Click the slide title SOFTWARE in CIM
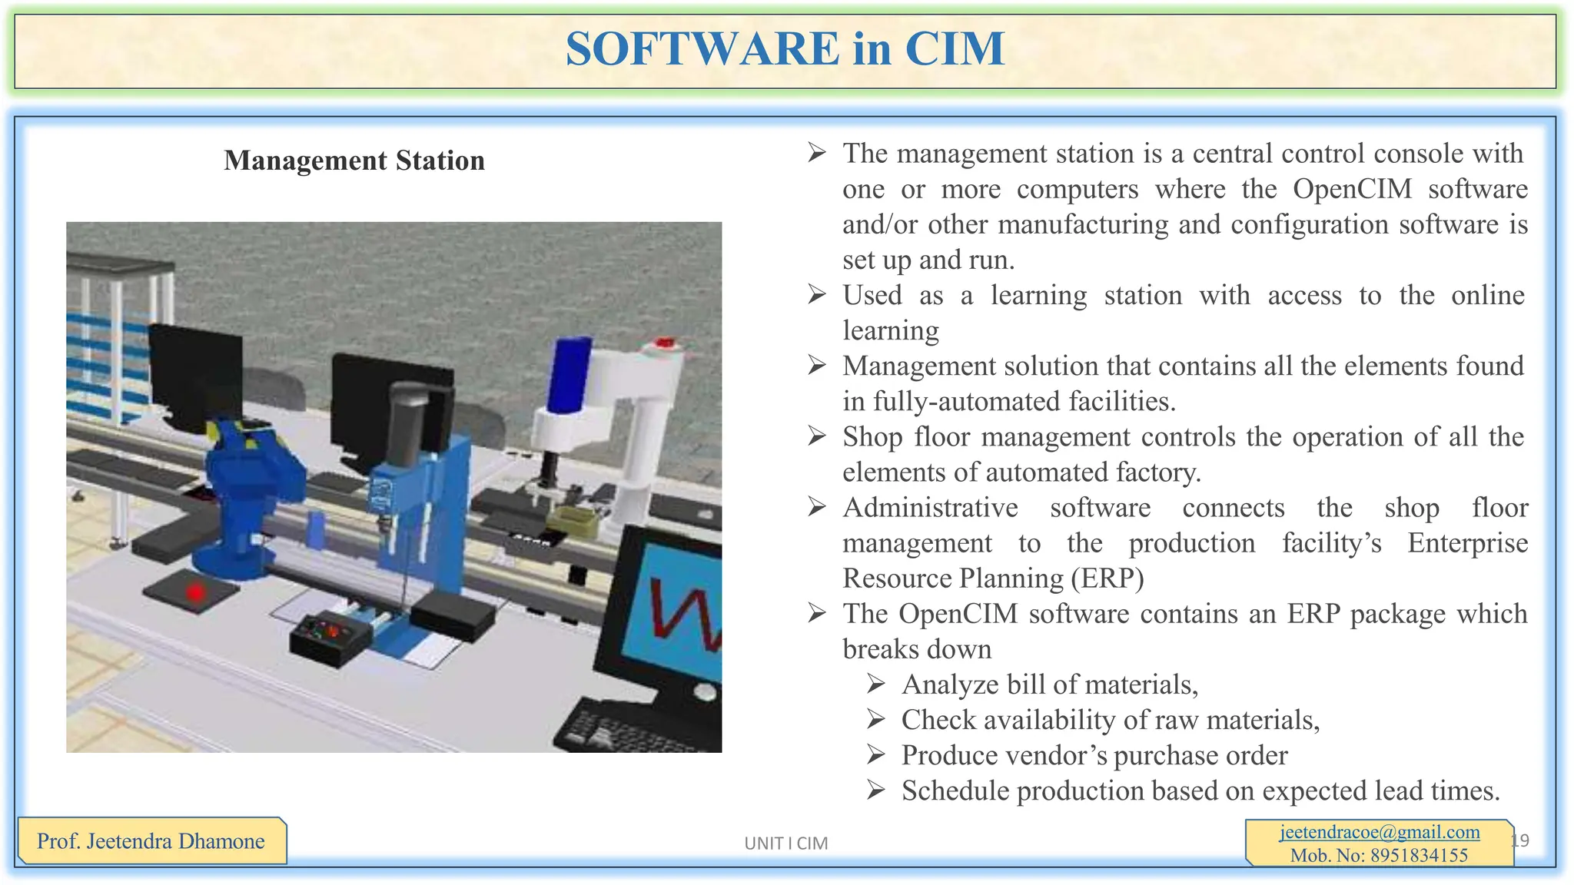coord(785,49)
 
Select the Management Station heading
coord(354,161)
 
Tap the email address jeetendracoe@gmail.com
coord(1380,832)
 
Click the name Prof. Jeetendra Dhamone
coord(151,841)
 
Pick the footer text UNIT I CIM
coord(785,844)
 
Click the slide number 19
coord(1519,840)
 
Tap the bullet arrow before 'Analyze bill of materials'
coord(876,684)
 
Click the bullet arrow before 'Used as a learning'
coord(816,295)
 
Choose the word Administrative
coord(930,508)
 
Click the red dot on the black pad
coord(196,592)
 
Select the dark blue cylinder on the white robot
coord(569,374)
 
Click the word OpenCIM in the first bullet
coord(1352,189)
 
